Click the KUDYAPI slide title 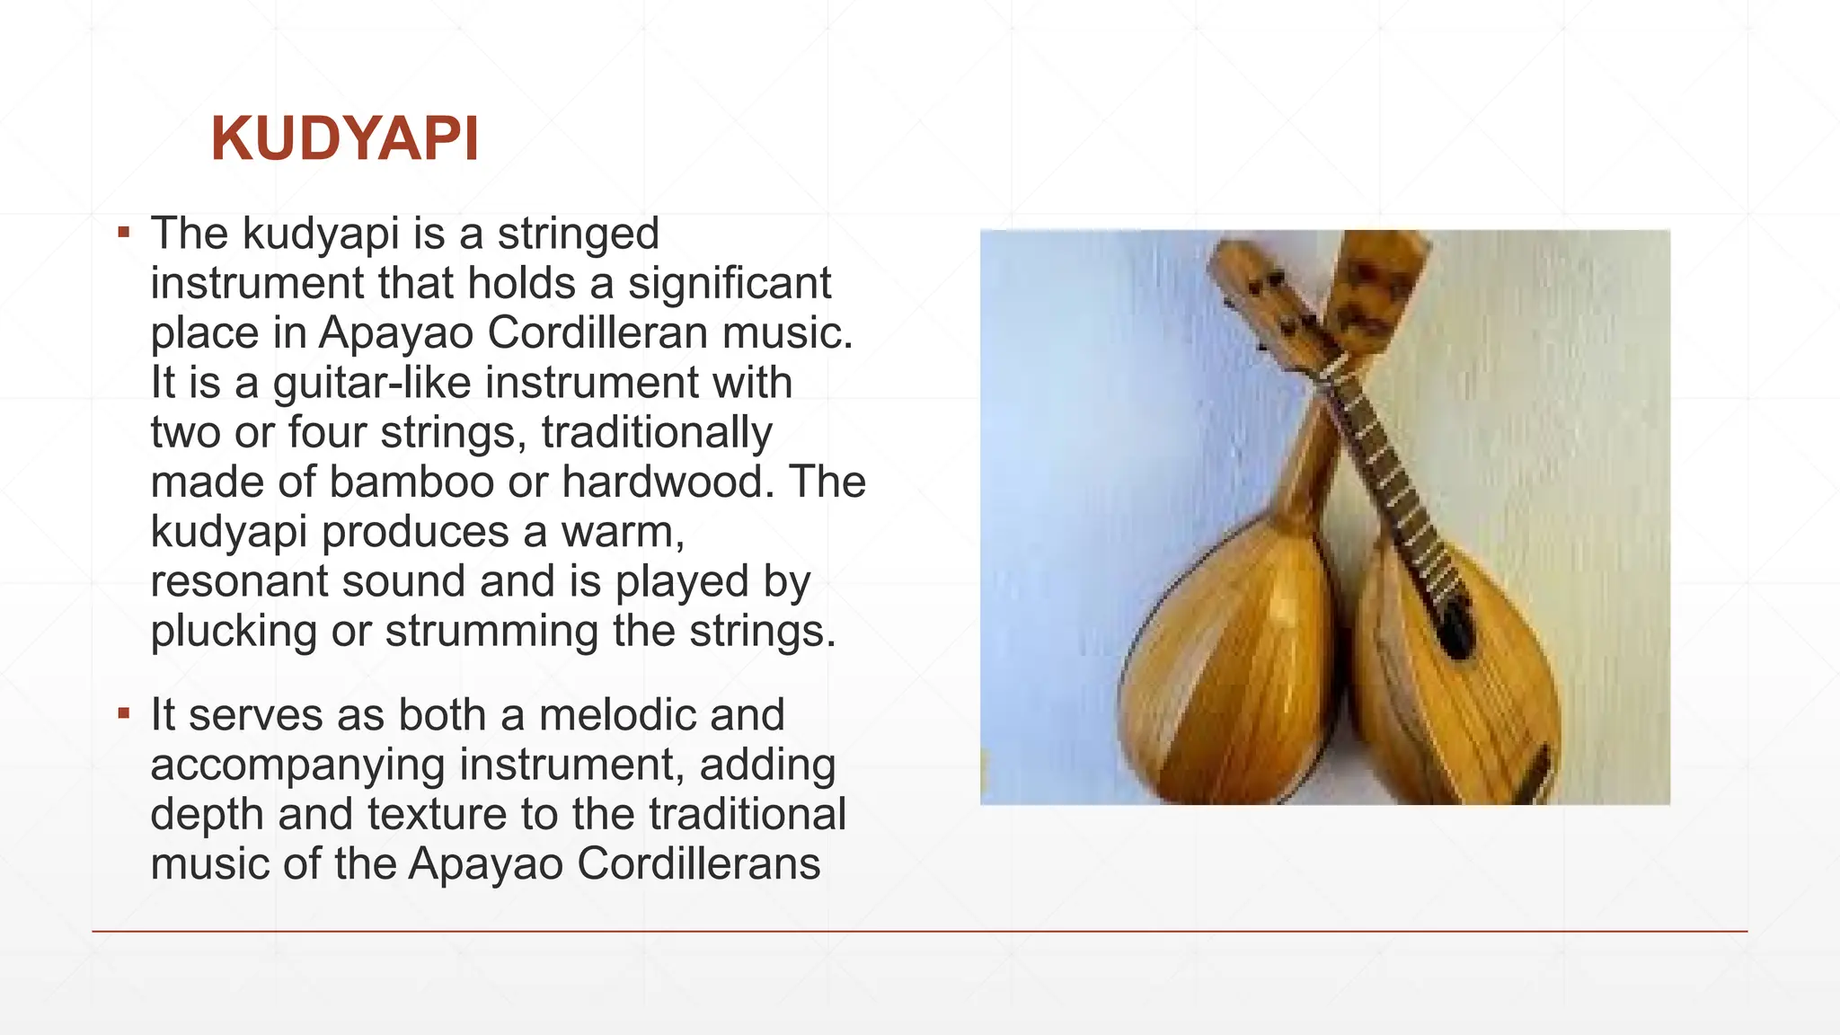[345, 139]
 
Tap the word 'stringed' [579, 234]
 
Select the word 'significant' [730, 283]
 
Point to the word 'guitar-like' [372, 383]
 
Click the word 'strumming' [491, 631]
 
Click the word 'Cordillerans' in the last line [698, 863]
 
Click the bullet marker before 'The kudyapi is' [124, 234]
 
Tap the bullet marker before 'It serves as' [124, 715]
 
